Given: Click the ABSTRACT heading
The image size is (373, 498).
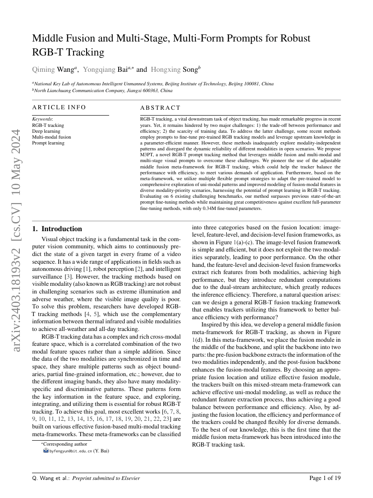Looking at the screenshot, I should click(x=160, y=108).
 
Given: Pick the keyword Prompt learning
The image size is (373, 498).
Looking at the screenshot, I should click(x=48, y=143).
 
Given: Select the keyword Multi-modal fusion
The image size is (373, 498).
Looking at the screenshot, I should click(x=51, y=137).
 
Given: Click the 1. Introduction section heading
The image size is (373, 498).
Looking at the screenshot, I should click(x=57, y=229).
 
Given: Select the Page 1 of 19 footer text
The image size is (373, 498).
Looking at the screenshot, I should click(x=325, y=478).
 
